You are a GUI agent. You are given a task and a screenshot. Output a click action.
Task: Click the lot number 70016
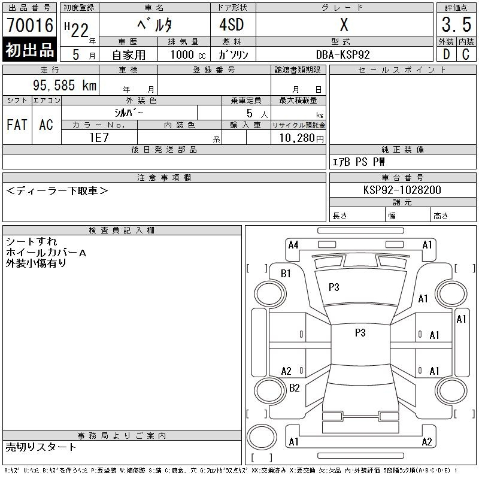click(30, 25)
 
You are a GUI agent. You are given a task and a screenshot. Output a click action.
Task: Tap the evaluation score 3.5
click(456, 25)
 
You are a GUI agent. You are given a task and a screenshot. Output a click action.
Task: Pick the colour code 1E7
click(99, 137)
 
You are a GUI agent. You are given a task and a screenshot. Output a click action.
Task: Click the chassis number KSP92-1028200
click(402, 190)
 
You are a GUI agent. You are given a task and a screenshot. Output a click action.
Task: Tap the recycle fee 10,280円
click(298, 138)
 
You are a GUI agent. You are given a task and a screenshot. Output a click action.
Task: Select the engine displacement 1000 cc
click(187, 54)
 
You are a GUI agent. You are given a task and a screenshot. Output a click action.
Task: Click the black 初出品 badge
click(30, 50)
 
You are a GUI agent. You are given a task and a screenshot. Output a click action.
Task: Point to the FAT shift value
click(17, 125)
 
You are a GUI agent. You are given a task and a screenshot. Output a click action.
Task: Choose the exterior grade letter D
click(446, 54)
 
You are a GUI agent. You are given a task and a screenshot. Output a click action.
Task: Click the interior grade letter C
click(465, 54)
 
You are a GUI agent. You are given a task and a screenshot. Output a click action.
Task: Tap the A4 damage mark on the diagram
click(293, 244)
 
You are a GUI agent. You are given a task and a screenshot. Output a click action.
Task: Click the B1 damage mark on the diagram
click(286, 274)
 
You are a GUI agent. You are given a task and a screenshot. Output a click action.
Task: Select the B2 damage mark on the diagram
click(294, 388)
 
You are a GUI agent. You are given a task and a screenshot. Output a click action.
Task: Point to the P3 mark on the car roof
click(360, 333)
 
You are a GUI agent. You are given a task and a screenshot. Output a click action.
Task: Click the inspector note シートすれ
click(31, 241)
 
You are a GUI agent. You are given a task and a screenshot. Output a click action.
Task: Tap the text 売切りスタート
click(41, 447)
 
